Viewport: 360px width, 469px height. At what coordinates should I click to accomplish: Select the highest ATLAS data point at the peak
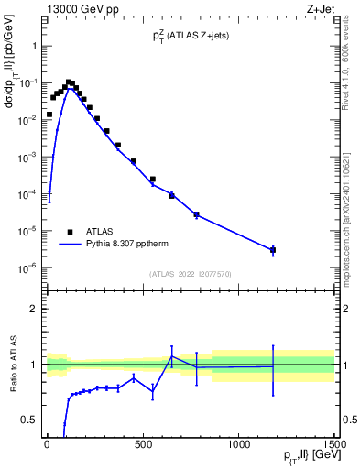[x=69, y=82]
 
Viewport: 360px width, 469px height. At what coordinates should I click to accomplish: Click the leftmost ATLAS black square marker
[x=49, y=115]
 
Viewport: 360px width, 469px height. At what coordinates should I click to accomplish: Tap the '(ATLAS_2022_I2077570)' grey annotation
[x=190, y=274]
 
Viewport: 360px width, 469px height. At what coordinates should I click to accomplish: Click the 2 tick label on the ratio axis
[x=36, y=309]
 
